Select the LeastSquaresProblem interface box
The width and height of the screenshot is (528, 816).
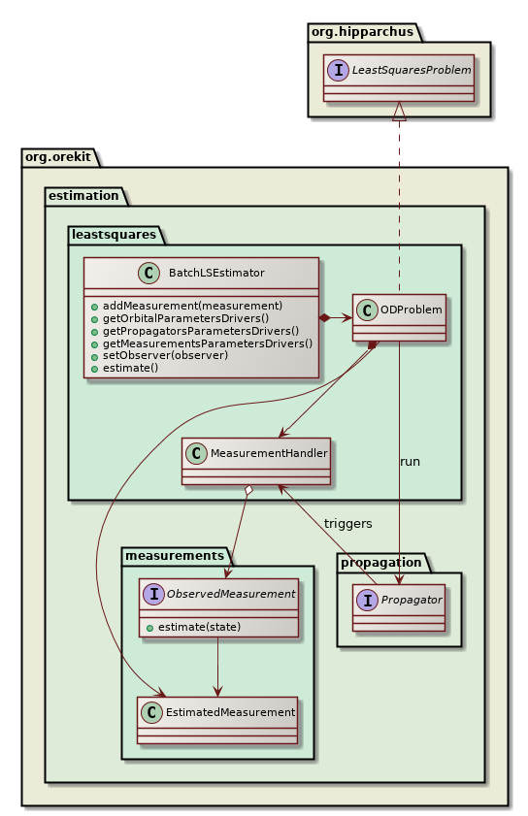398,78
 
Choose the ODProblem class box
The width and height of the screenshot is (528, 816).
398,316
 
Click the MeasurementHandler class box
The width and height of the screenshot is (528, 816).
256,460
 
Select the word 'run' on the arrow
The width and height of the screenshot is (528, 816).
410,461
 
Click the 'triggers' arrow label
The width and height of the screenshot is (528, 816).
347,523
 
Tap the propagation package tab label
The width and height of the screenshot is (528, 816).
380,561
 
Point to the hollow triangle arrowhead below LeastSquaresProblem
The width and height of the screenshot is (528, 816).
398,112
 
